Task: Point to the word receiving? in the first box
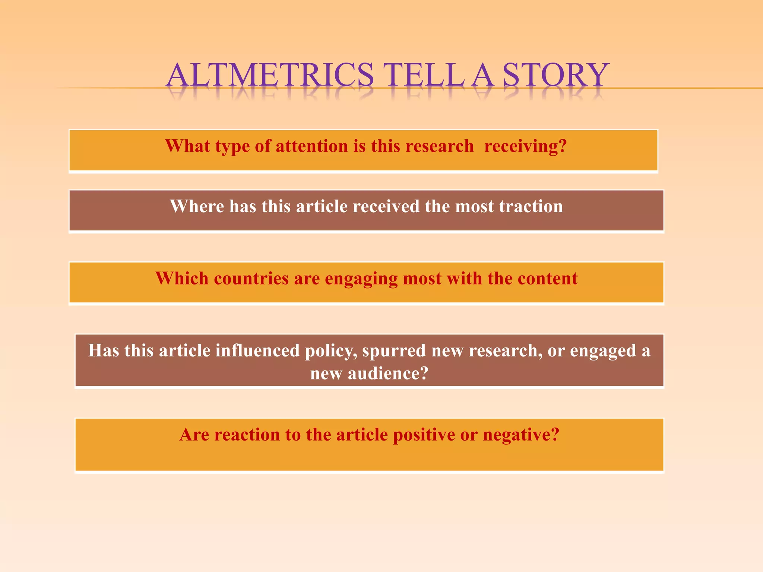[525, 146]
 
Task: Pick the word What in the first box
[187, 146]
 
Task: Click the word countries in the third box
[251, 279]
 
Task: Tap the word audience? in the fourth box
[388, 374]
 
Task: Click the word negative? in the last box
[521, 435]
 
